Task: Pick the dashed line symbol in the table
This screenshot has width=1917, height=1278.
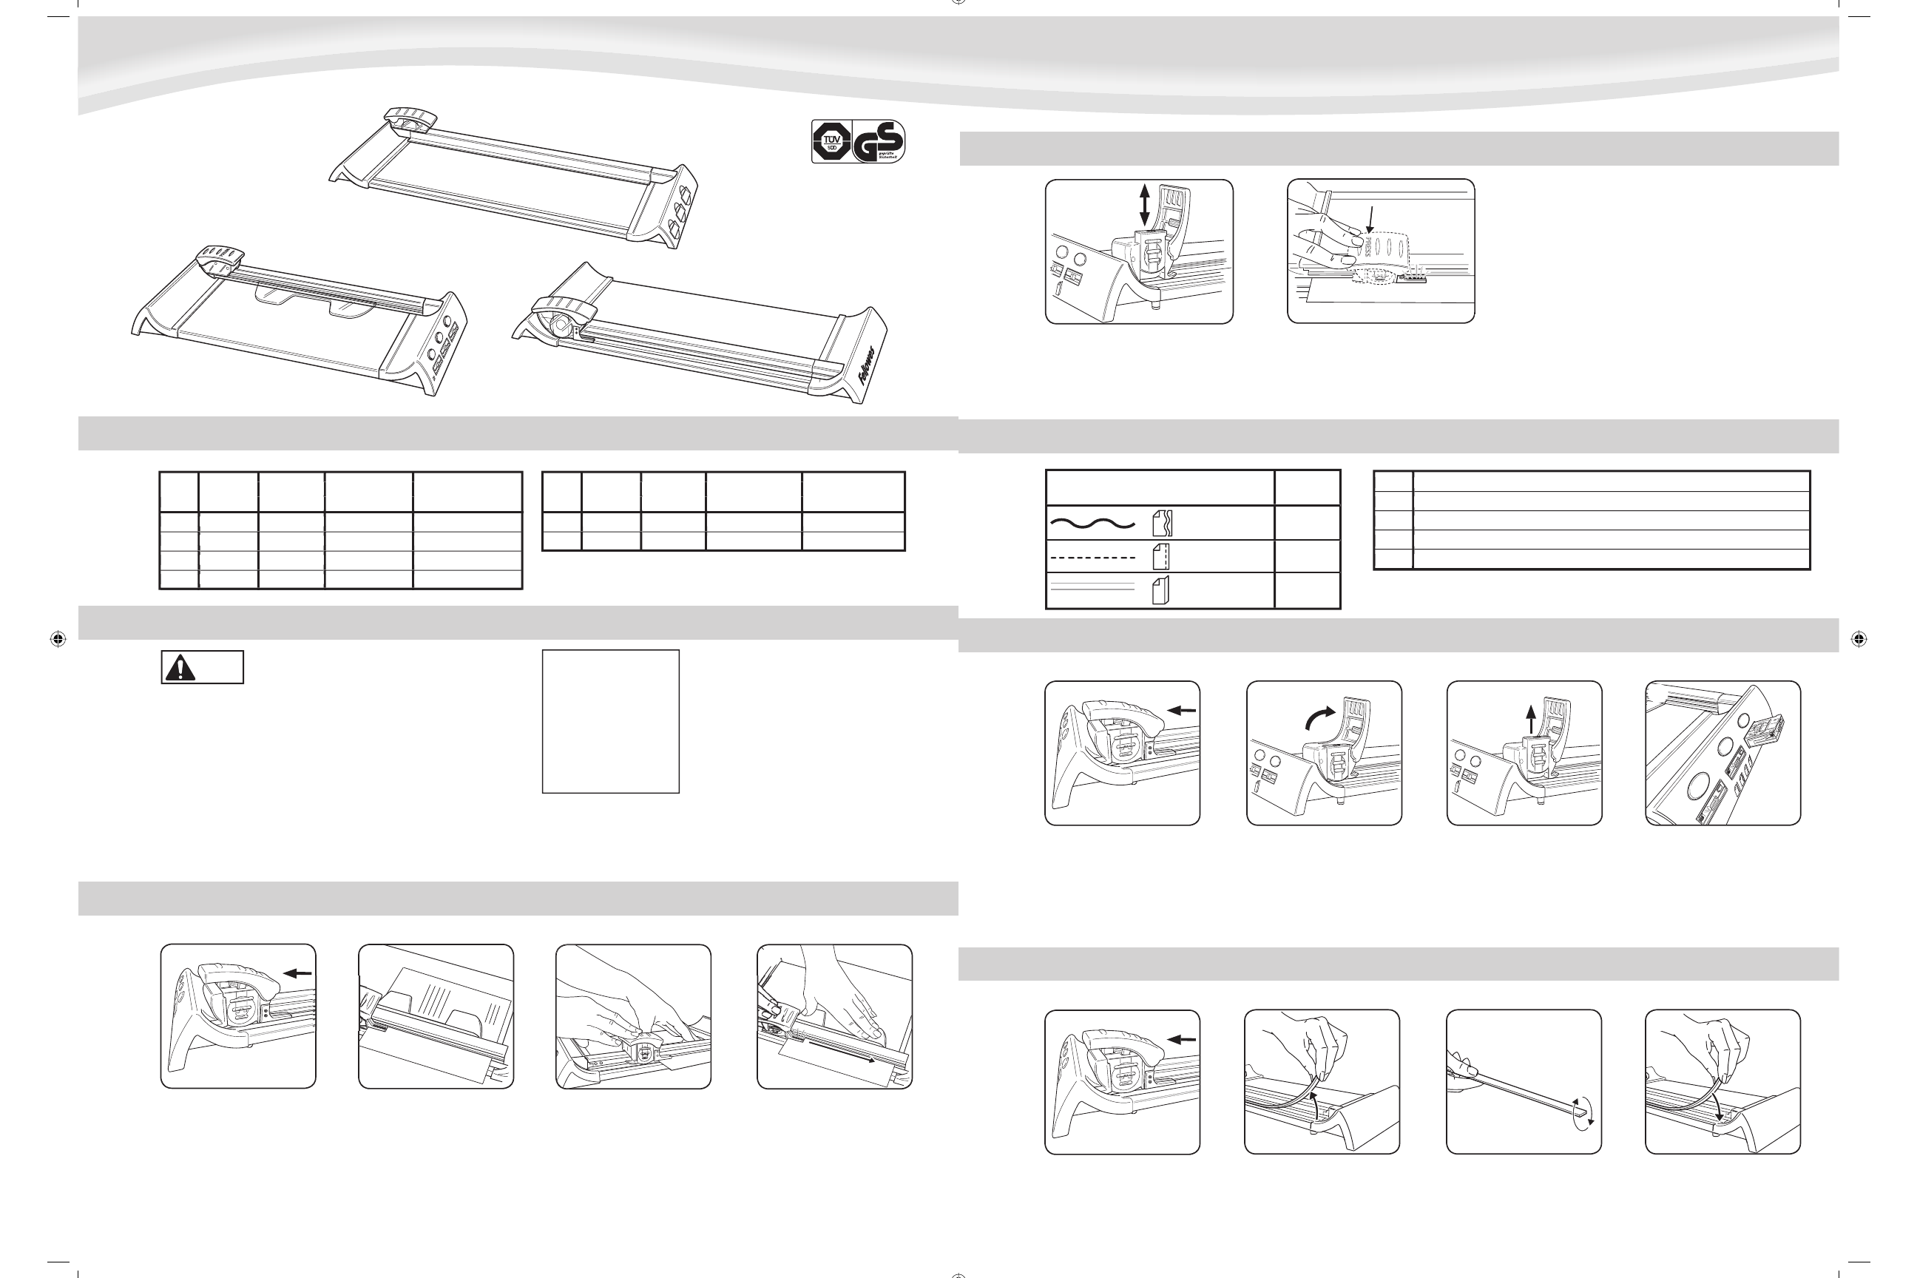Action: tap(1092, 558)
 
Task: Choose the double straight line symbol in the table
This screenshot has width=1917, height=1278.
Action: tap(1092, 590)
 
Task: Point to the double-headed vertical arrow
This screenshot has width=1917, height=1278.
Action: tap(1144, 205)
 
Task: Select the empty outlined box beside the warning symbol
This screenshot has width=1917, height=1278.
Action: tap(610, 721)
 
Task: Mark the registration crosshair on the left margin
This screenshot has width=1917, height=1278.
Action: tap(58, 639)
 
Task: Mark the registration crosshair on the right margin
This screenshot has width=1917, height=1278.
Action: tap(1859, 639)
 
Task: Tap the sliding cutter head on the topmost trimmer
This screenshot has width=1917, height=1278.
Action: tap(412, 118)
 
